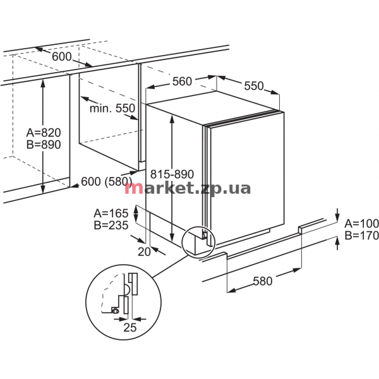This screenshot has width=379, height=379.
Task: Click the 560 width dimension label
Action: [x=182, y=81]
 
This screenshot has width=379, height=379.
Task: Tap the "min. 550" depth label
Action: [x=112, y=108]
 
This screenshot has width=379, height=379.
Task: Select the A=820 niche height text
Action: [x=44, y=133]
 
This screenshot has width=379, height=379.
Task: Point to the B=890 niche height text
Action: [x=44, y=145]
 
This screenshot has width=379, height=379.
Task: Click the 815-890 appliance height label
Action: [x=172, y=174]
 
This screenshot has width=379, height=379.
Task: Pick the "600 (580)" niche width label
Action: [x=107, y=181]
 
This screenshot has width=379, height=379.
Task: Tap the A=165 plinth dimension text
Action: [x=111, y=214]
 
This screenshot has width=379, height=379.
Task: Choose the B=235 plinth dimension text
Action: [x=111, y=226]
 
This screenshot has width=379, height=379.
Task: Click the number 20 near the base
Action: [x=144, y=252]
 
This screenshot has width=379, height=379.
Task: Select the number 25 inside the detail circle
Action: [x=130, y=327]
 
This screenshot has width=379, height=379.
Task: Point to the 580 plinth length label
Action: [x=263, y=281]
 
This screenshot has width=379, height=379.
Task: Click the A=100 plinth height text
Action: [x=361, y=224]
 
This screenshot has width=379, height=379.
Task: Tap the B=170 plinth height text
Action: [x=361, y=236]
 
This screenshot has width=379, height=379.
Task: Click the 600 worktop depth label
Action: [x=62, y=57]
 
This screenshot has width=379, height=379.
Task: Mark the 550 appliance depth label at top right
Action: [x=253, y=86]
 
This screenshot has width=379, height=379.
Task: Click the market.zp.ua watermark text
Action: [x=188, y=188]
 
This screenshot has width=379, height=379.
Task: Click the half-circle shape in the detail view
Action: [x=128, y=289]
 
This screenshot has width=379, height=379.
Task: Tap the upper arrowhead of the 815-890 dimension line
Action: [x=172, y=117]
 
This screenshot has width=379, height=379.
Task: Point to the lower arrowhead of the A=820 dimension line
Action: [x=43, y=189]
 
